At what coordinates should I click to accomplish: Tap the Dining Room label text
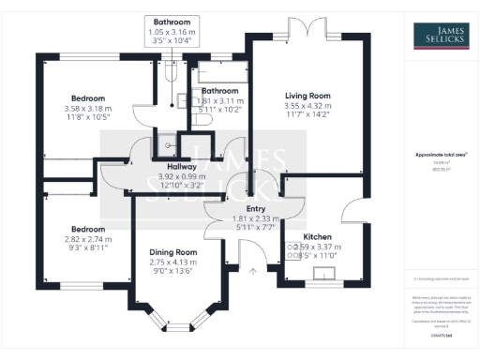[173, 251]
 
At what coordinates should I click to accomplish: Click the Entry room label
[256, 209]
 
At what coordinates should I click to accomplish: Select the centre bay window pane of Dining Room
[174, 331]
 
